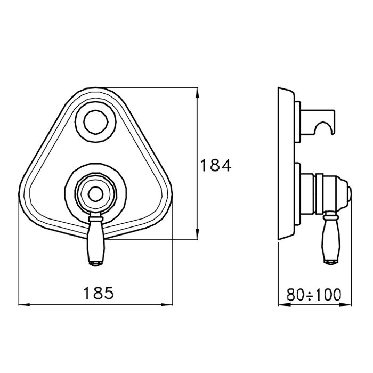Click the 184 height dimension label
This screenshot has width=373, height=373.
216,165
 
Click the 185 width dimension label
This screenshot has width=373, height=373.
99,293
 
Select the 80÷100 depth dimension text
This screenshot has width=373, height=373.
314,295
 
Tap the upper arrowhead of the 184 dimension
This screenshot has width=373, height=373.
197,93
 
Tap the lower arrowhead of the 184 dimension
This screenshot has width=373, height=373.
197,234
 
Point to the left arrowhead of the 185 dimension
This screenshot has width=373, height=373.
24,304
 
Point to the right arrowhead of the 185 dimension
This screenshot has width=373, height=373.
167,304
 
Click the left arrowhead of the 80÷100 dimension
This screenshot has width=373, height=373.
284,305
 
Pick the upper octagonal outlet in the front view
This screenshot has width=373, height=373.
96,122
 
